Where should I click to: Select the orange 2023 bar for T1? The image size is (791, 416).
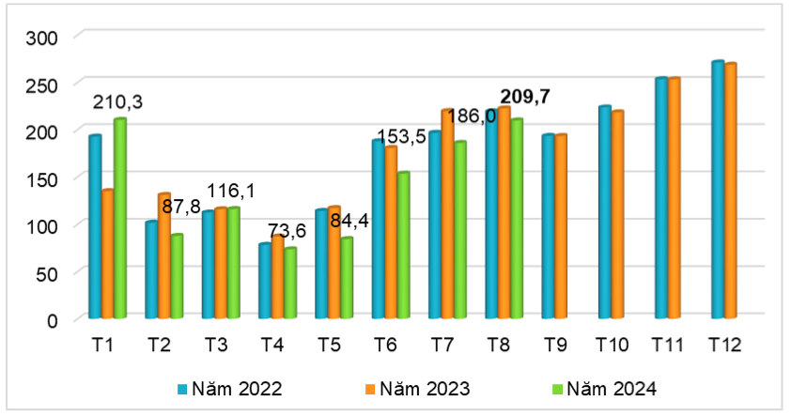point(107,254)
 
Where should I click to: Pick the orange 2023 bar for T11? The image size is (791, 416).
point(674,198)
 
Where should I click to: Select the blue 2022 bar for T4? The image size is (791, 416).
point(265,281)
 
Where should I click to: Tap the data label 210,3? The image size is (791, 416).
point(117,101)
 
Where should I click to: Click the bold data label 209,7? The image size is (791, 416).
point(525,96)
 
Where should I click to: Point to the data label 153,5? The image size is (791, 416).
point(401,137)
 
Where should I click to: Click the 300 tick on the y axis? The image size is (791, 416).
point(41,38)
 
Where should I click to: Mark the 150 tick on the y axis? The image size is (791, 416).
point(41,178)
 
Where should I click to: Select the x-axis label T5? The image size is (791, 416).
point(328,346)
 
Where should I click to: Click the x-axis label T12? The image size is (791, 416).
point(724,346)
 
